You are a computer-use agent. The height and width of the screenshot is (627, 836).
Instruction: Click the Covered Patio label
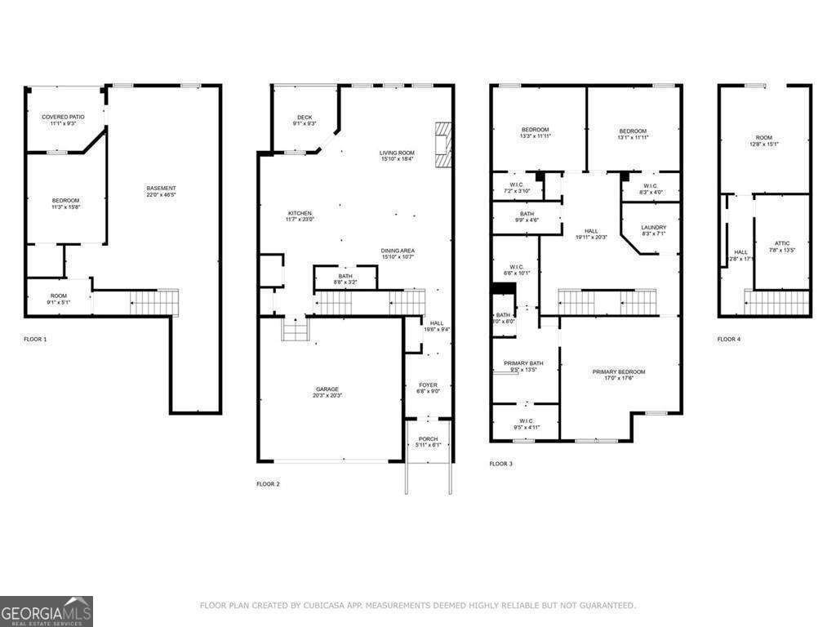[63, 117]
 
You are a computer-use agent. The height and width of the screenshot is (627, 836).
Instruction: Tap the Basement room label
[162, 189]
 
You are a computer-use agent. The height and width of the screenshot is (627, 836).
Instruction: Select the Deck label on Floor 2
[305, 117]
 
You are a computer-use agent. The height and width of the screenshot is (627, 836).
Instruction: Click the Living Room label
[397, 153]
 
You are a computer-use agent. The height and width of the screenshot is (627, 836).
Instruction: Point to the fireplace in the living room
[443, 145]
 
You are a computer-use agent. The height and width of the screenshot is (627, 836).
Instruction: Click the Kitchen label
[299, 213]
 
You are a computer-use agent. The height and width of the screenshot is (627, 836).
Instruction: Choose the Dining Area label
[397, 251]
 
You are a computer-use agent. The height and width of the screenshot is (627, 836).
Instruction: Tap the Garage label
[328, 389]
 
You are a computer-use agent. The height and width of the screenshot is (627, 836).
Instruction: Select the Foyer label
[429, 385]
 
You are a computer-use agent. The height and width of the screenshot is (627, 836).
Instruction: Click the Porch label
[429, 438]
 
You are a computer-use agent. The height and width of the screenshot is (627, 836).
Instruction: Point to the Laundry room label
[653, 228]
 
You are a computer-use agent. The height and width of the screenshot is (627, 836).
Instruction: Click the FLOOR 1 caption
[35, 339]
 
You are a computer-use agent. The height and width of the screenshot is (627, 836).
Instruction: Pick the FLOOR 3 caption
[500, 464]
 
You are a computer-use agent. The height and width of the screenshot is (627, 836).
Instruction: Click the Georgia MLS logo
[47, 611]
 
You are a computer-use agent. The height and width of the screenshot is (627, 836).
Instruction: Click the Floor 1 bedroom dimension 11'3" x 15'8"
[66, 207]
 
